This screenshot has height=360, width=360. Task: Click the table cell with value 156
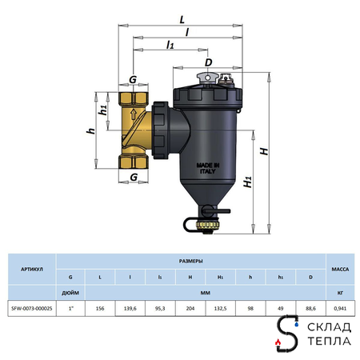point(99,305)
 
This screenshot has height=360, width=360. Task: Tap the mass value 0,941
point(341,305)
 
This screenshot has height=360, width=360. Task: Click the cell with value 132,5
point(219,305)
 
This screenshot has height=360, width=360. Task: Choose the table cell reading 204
point(190,305)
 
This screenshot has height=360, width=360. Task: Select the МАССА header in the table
point(341,270)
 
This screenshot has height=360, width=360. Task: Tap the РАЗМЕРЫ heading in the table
point(189,261)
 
